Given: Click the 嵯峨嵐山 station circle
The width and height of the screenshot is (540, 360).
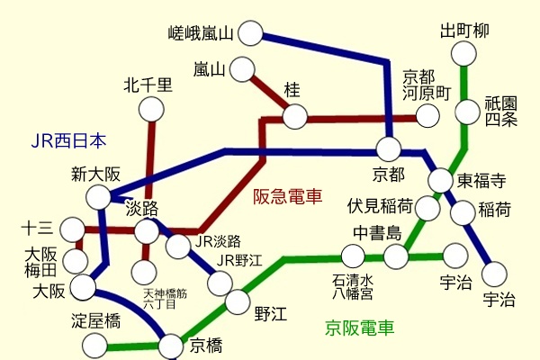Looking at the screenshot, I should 249,34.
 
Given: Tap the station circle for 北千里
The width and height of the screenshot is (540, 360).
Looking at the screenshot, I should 151,109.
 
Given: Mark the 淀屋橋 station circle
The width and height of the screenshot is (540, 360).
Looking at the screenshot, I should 95,345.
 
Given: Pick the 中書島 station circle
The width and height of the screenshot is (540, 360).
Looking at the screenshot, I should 396,256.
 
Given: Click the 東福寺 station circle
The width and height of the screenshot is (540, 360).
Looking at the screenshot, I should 440,180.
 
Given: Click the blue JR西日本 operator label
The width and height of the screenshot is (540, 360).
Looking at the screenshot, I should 68,140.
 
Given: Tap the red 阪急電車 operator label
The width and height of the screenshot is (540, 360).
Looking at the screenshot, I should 287,196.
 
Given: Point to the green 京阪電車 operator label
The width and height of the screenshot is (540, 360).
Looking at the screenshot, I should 359,328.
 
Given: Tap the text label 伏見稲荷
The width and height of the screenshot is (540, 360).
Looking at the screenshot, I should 381,203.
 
